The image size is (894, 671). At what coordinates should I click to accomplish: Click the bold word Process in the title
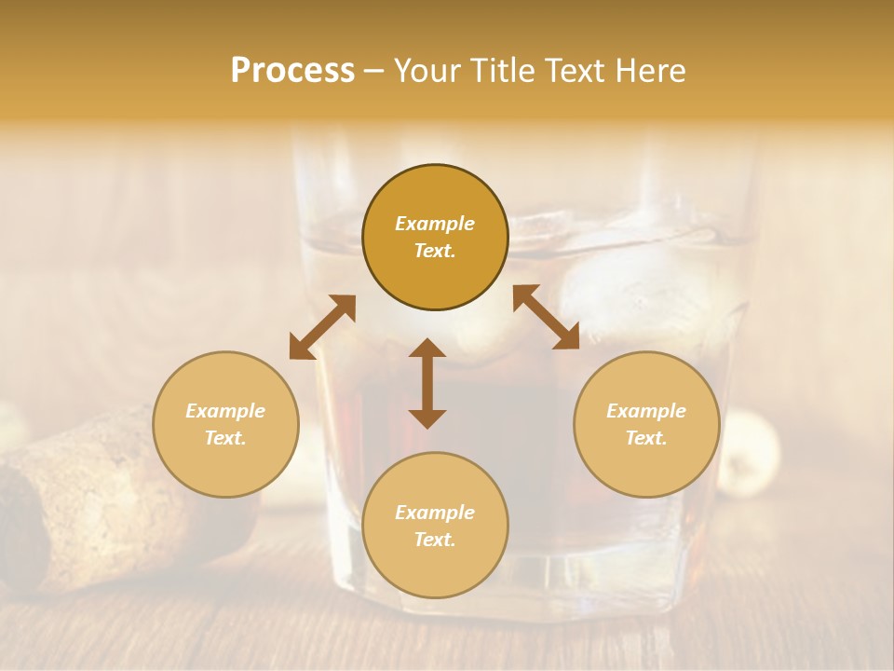click(x=292, y=71)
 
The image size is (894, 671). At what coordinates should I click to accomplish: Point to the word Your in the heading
click(x=428, y=71)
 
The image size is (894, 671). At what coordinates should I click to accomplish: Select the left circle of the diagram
click(x=225, y=424)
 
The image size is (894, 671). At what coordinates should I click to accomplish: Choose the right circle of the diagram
click(x=646, y=424)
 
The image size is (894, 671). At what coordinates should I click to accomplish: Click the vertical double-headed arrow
click(x=427, y=383)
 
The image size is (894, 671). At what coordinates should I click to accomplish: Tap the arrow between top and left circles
click(x=322, y=327)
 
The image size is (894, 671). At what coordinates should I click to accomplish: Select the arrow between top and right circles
click(x=546, y=317)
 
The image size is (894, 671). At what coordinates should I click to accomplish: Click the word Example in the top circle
click(x=435, y=224)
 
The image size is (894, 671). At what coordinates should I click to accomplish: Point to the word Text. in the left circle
click(x=225, y=438)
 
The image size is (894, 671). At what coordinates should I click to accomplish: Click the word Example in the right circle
click(x=646, y=411)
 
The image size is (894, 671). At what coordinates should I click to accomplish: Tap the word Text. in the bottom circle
click(x=435, y=540)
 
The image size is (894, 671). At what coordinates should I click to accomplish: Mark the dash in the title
click(x=373, y=72)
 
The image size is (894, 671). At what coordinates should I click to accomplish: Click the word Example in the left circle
click(x=225, y=411)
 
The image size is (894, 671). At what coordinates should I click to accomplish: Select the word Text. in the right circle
click(x=646, y=438)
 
